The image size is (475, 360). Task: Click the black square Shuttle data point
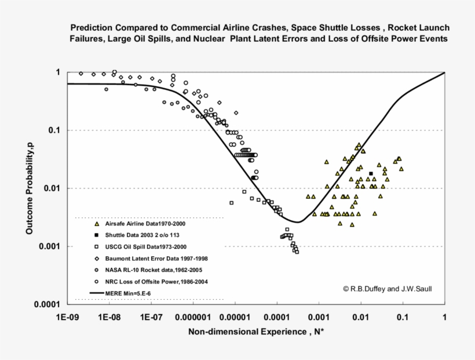click(x=371, y=173)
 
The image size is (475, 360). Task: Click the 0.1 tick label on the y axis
click(x=55, y=130)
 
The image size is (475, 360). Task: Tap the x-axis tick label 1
click(x=444, y=318)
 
